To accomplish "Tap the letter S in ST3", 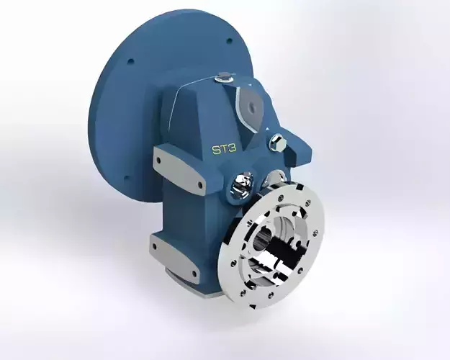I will pyautogui.click(x=214, y=150).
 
